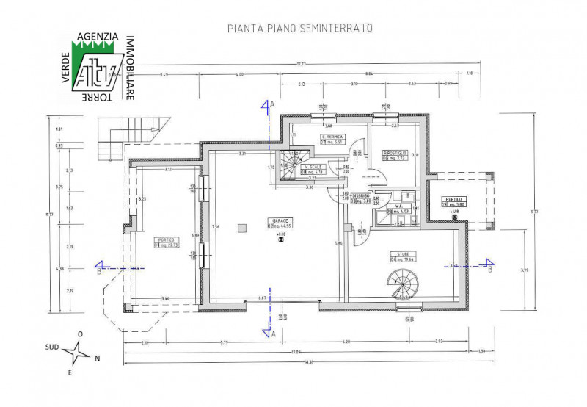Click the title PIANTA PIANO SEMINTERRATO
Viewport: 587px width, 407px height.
301,28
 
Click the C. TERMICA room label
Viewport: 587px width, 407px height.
332,137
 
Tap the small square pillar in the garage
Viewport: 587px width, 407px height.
241,229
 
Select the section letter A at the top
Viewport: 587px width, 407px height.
272,105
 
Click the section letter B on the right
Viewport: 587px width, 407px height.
489,269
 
